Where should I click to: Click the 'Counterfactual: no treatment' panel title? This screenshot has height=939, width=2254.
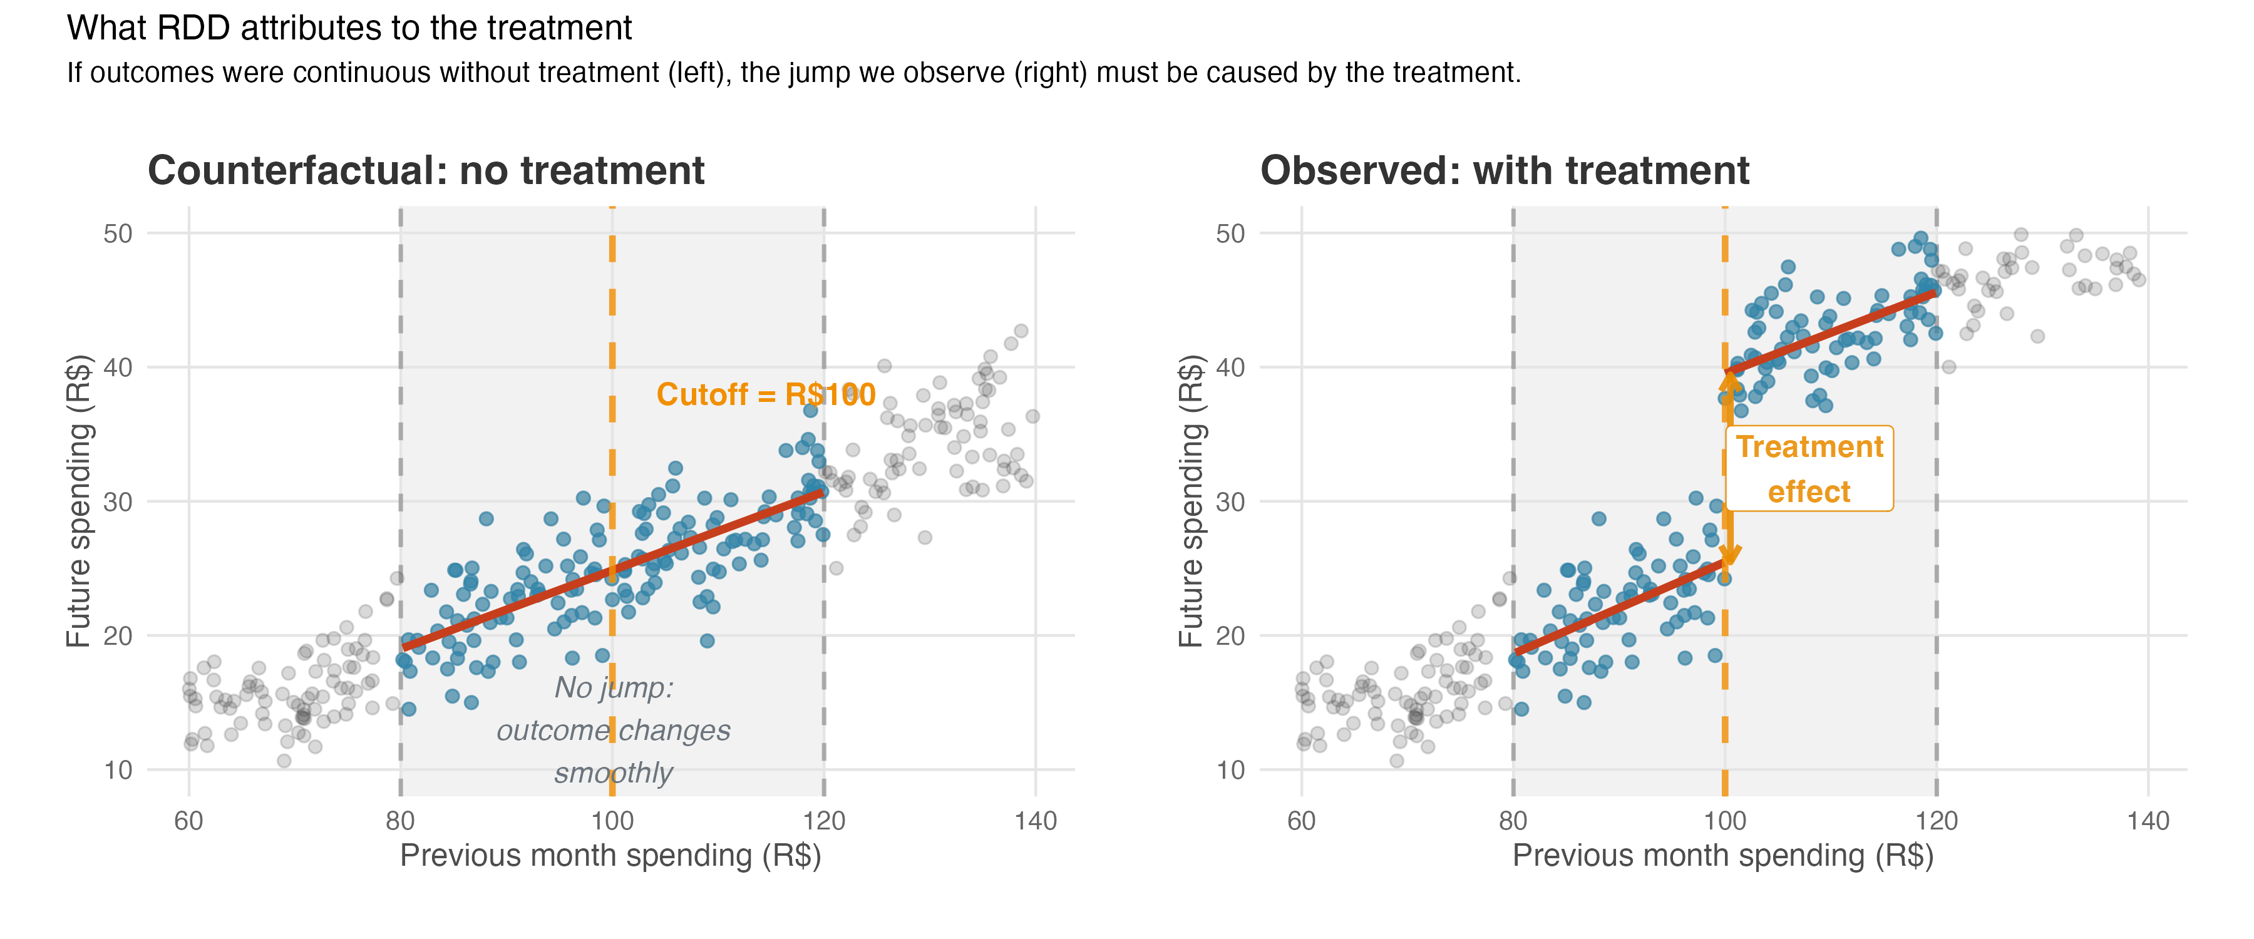click(x=426, y=171)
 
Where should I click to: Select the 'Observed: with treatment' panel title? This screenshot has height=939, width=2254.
click(x=1504, y=171)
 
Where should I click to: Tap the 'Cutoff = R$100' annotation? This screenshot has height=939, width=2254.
click(x=766, y=394)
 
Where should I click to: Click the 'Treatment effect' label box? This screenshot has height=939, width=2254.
click(x=1809, y=469)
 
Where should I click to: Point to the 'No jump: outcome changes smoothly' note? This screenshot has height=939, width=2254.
click(x=614, y=730)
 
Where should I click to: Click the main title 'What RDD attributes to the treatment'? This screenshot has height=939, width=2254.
click(x=349, y=28)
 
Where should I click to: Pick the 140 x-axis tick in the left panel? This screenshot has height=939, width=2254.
click(x=1035, y=821)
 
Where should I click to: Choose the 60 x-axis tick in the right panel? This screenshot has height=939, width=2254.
click(x=1301, y=821)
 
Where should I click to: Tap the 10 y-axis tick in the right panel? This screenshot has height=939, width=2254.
click(x=1230, y=770)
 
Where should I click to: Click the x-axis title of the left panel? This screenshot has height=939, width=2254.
click(x=610, y=855)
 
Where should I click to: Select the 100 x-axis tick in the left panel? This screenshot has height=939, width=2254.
click(x=612, y=821)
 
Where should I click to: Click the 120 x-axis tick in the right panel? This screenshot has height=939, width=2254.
click(x=1937, y=821)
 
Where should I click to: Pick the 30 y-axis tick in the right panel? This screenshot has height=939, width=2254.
click(x=1230, y=501)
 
